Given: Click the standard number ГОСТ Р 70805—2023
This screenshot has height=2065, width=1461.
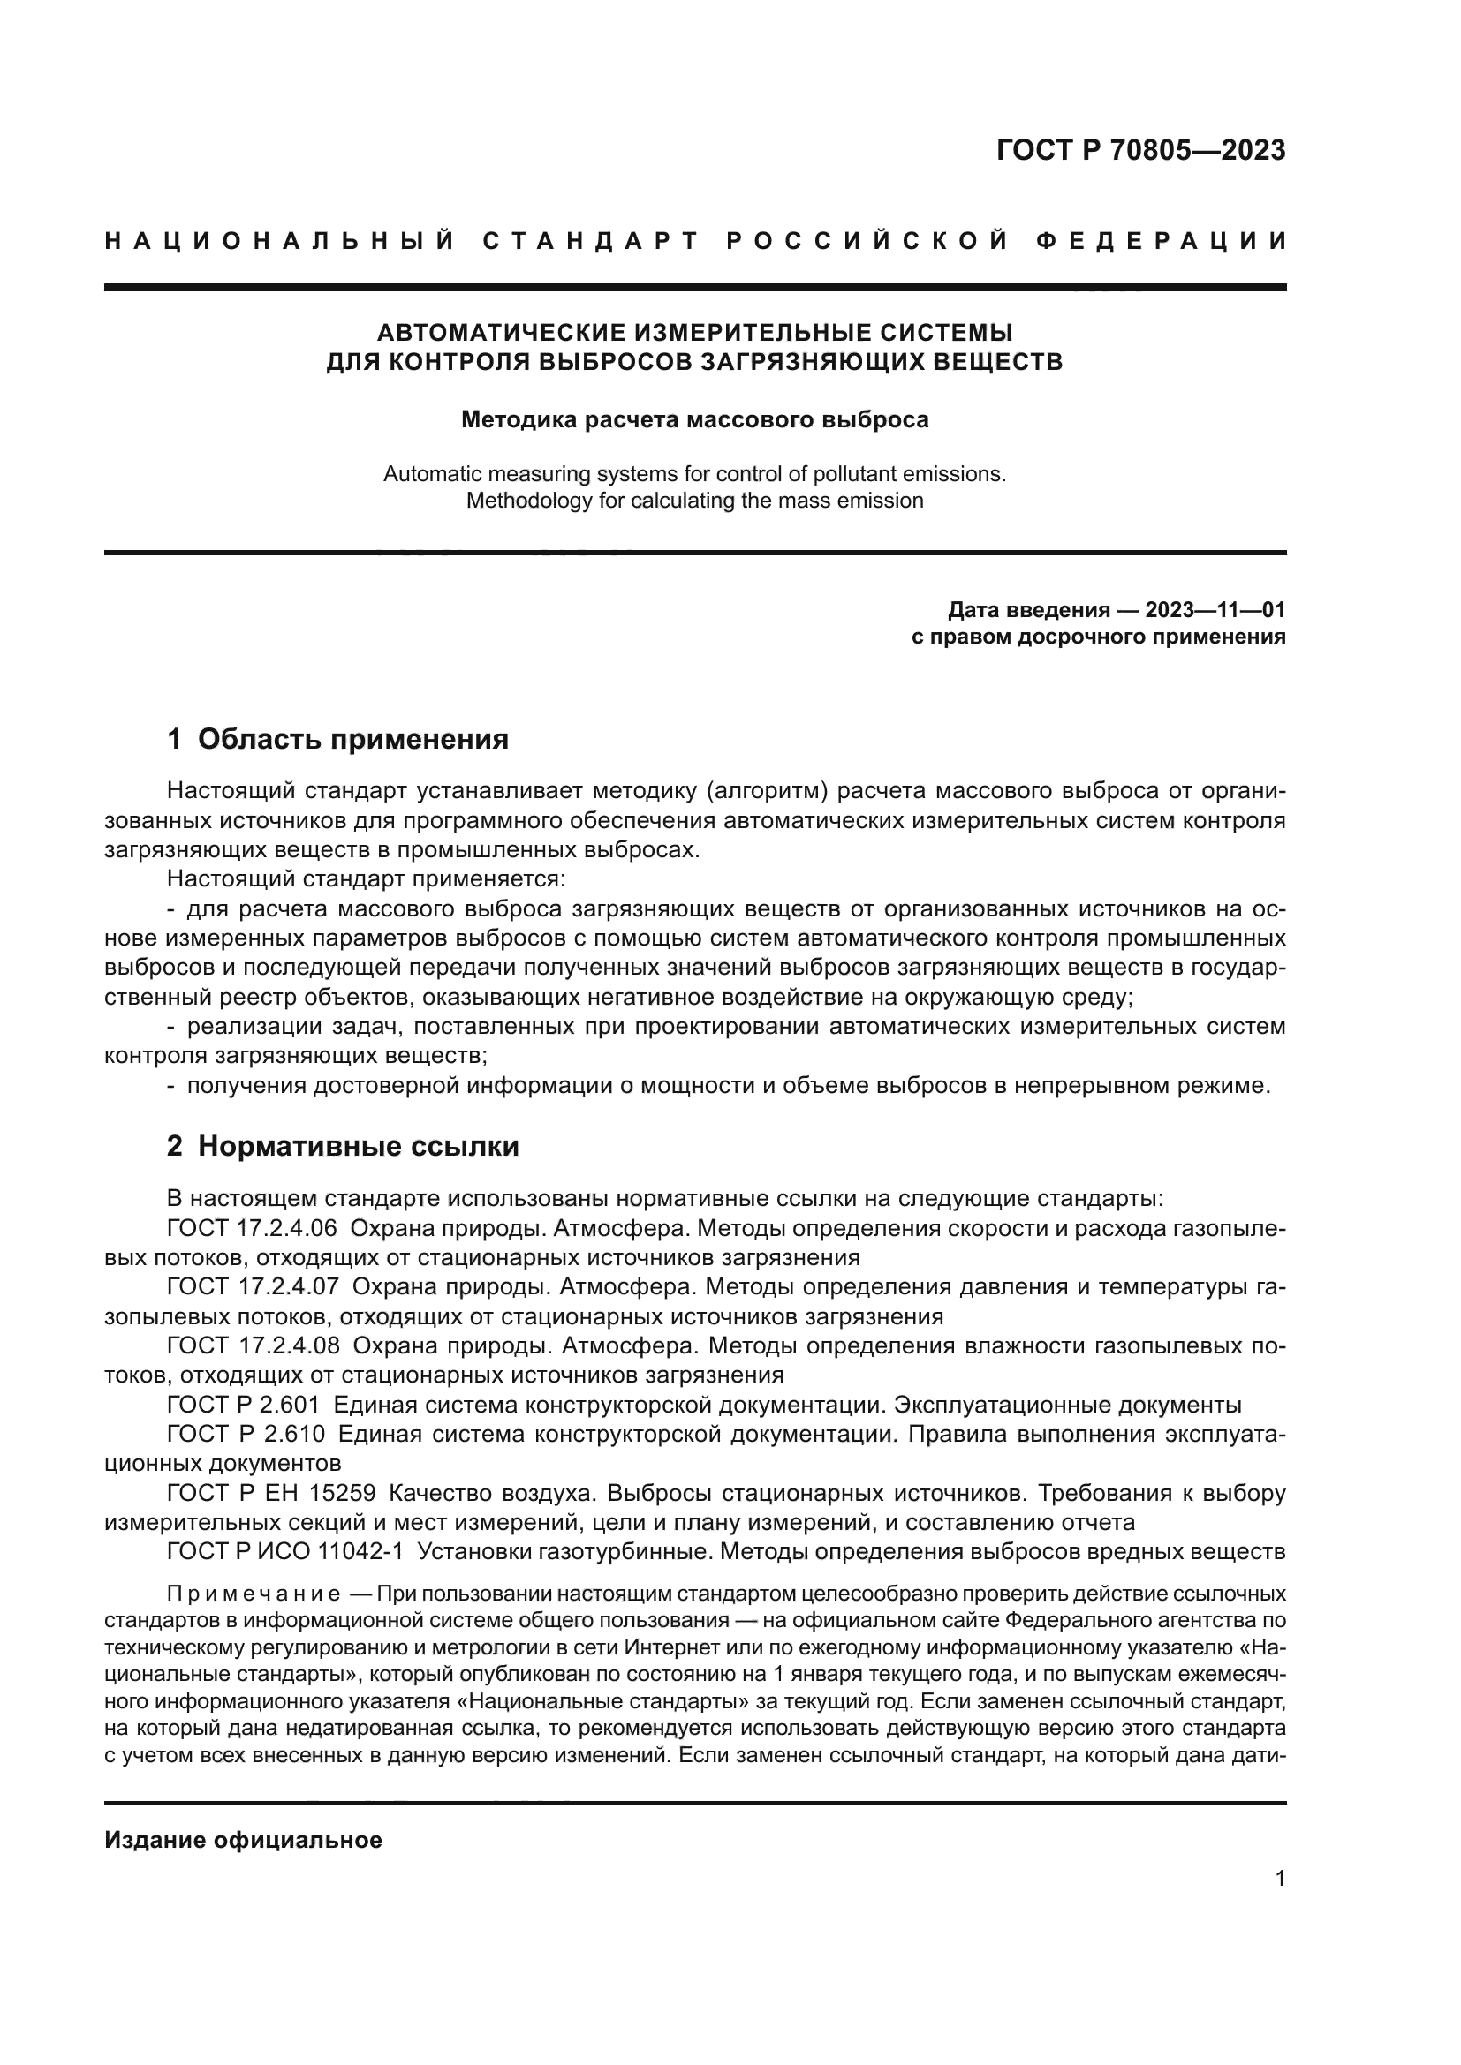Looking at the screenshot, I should coord(1139,150).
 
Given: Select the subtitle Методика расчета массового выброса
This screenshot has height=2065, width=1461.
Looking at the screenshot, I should coord(694,420).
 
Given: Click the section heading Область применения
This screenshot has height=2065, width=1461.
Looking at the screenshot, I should coord(352,739).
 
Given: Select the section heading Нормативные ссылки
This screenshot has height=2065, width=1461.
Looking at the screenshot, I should coord(358,1147).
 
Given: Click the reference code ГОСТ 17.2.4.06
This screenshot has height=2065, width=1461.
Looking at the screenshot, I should coord(253,1229).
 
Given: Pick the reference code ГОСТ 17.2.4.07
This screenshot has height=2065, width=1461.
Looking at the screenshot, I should coord(253,1287).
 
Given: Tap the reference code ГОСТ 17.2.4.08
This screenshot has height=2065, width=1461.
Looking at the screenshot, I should coord(253,1345).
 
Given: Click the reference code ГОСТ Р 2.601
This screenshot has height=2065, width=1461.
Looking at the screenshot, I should coord(243,1405).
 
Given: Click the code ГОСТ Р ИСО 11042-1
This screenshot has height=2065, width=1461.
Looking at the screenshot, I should coord(285,1551).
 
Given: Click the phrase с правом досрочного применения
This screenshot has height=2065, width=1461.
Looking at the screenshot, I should coord(1099,637).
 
